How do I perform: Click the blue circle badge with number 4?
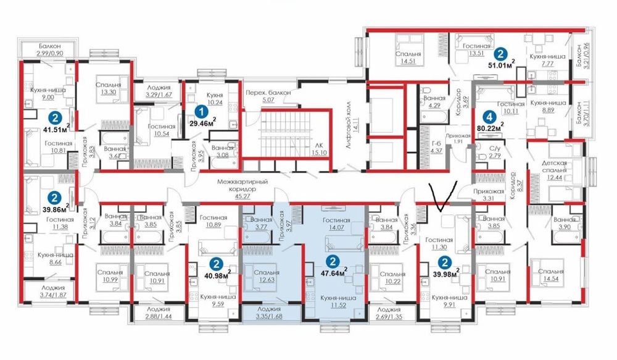[x=489, y=115]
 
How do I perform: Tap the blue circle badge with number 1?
[x=199, y=111]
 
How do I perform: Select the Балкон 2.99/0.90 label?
[x=48, y=49]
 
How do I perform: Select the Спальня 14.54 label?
[x=549, y=275]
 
